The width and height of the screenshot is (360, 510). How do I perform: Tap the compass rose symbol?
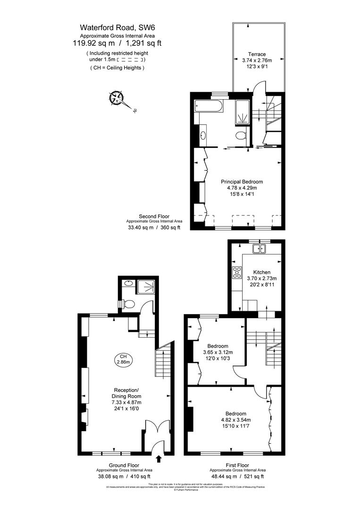pyautogui.click(x=116, y=99)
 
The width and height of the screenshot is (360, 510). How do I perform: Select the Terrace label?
pyautogui.click(x=257, y=54)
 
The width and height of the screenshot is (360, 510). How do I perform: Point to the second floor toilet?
pyautogui.click(x=241, y=137)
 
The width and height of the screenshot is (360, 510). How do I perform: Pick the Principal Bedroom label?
pyautogui.click(x=242, y=181)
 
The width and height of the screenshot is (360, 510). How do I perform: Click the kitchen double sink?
pyautogui.click(x=259, y=248)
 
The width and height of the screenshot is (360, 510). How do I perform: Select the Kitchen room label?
pyautogui.click(x=262, y=272)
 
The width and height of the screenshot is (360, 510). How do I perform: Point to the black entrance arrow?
pyautogui.click(x=158, y=458)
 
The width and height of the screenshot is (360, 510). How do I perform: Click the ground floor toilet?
pyautogui.click(x=128, y=304)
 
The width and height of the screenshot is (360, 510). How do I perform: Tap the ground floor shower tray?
pyautogui.click(x=147, y=286)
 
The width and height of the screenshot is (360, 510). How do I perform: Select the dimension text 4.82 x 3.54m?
pyautogui.click(x=236, y=420)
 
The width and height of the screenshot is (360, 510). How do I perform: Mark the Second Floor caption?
pyautogui.click(x=154, y=216)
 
